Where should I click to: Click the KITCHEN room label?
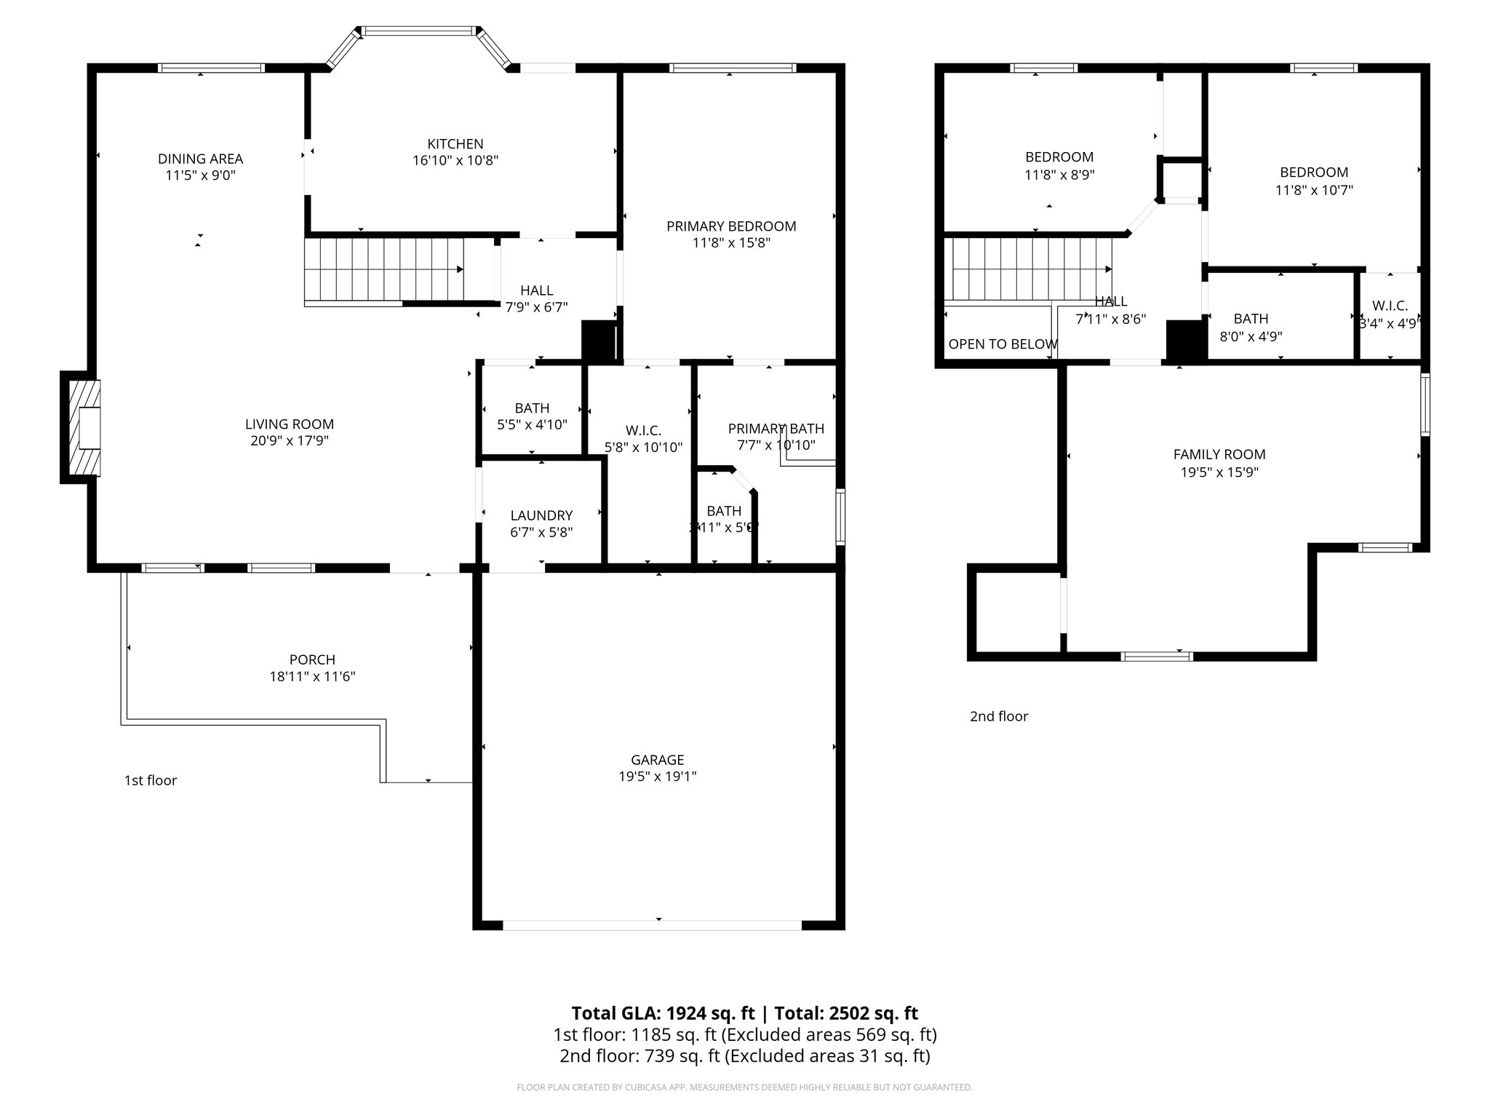[455, 144]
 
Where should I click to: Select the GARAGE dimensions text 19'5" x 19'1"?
[657, 777]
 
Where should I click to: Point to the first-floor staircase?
[383, 269]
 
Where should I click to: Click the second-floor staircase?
[1028, 269]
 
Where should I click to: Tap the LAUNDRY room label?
[541, 515]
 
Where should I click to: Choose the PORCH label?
[312, 659]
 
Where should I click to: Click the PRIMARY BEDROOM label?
[731, 226]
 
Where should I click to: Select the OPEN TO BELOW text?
[1003, 344]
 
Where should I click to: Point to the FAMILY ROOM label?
[1219, 454]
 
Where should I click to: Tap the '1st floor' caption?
[151, 781]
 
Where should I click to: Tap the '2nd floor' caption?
[999, 716]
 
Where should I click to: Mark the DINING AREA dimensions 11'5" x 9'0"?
[200, 175]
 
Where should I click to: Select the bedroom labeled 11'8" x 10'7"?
[1314, 181]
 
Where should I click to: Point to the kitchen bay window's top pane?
[418, 31]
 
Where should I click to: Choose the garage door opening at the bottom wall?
[652, 925]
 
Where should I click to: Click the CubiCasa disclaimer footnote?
[744, 1087]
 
